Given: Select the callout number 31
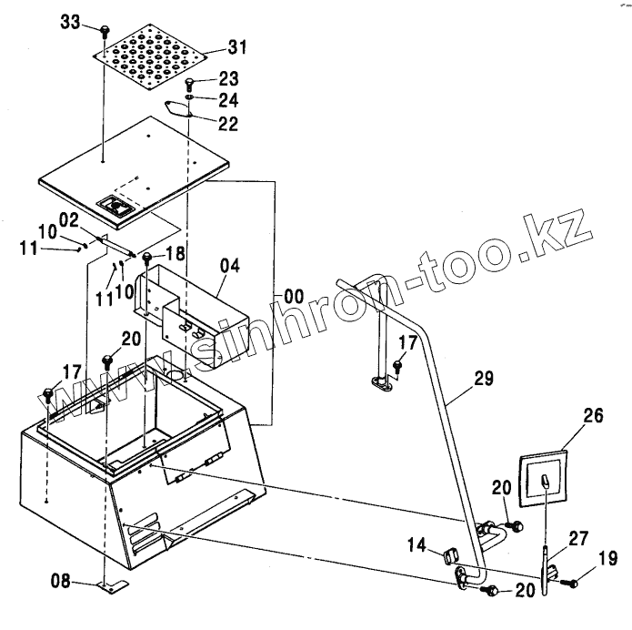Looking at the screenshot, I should [x=212, y=46].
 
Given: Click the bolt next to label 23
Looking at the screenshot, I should [x=189, y=85].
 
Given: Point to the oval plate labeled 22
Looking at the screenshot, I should [x=180, y=108].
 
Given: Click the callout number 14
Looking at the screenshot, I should [x=416, y=545].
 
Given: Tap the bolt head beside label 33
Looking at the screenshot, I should [x=105, y=30].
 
